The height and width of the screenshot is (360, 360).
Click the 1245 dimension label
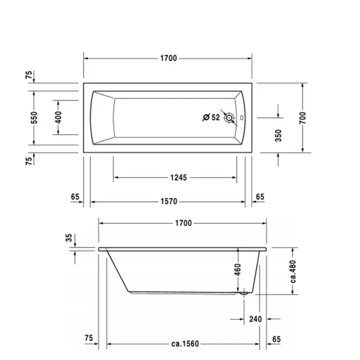[178, 177]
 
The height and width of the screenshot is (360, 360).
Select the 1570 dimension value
[169, 202]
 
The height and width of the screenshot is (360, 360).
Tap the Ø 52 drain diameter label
[211, 117]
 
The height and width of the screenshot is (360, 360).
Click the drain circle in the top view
[229, 118]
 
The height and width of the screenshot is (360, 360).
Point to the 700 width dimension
[302, 118]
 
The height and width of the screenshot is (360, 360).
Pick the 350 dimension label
[278, 136]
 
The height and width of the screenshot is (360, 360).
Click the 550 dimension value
[34, 118]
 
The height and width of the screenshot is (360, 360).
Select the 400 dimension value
[58, 117]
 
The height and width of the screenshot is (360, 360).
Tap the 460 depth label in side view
[238, 270]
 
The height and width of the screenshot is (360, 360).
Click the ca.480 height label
[293, 272]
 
